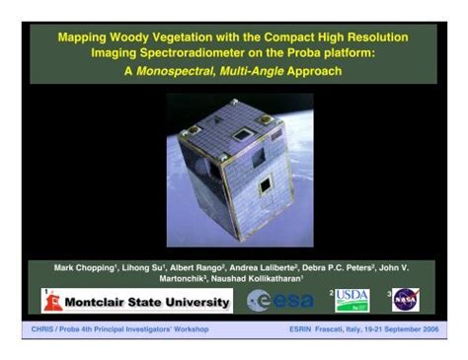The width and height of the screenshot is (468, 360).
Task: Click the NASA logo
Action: coord(405,299)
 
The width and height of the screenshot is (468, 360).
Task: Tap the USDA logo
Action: coord(352,299)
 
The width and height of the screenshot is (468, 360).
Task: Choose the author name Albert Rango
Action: coord(193,266)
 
